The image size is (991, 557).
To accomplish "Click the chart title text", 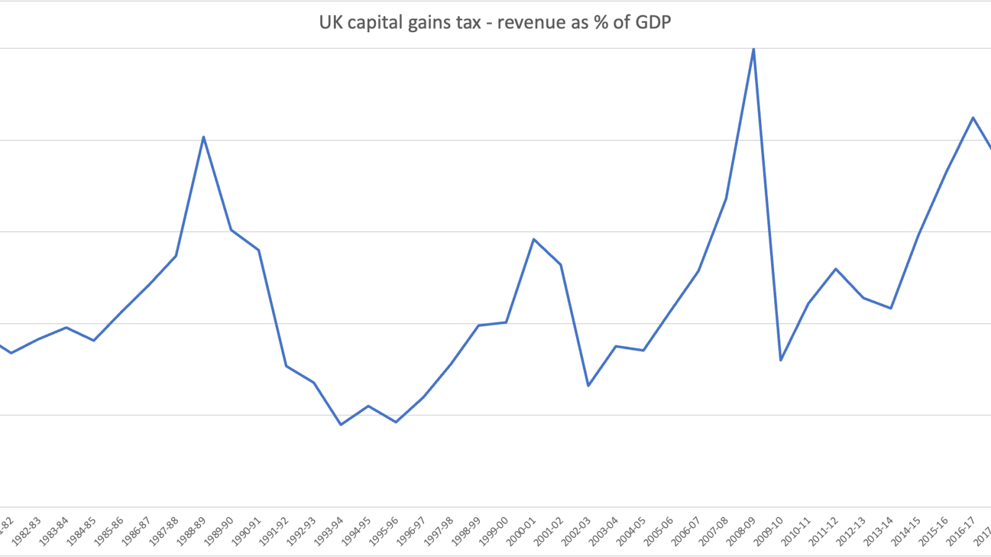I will (x=495, y=23).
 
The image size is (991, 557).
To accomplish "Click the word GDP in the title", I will (x=652, y=23).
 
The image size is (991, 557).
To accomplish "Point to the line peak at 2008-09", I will (x=753, y=49).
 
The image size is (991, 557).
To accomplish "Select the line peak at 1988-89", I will (x=204, y=137).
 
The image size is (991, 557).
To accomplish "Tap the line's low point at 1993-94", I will (x=341, y=425).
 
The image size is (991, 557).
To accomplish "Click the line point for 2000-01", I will (x=534, y=239).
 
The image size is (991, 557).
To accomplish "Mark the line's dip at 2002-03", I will (x=588, y=386).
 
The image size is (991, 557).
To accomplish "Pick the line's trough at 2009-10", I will (x=780, y=360).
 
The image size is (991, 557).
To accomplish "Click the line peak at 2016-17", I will (x=973, y=118).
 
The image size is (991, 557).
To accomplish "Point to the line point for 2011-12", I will (x=836, y=269).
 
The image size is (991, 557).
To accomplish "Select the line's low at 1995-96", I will (x=396, y=422).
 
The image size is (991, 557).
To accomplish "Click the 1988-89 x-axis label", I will (x=191, y=532).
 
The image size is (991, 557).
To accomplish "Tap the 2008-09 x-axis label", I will (x=741, y=532).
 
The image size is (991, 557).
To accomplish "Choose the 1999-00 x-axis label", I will (x=494, y=532).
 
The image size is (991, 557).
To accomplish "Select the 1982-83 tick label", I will (x=27, y=532).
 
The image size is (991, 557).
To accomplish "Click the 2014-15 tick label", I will (x=906, y=532).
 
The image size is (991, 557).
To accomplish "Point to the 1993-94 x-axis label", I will (x=329, y=532).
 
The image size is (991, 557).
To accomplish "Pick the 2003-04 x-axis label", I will (x=603, y=532).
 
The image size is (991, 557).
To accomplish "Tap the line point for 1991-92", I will (x=286, y=366).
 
